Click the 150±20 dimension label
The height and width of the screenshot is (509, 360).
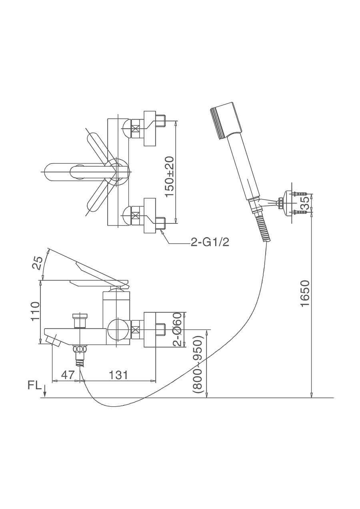click(170, 176)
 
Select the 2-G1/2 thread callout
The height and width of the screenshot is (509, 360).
click(210, 243)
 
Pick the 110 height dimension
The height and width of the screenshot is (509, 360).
click(35, 311)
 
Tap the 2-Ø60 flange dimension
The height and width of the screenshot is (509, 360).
click(178, 329)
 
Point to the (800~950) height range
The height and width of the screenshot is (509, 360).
click(199, 364)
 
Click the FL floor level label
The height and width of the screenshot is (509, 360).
click(34, 385)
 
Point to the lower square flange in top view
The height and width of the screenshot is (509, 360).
click(150, 216)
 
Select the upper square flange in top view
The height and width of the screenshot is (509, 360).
click(150, 128)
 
